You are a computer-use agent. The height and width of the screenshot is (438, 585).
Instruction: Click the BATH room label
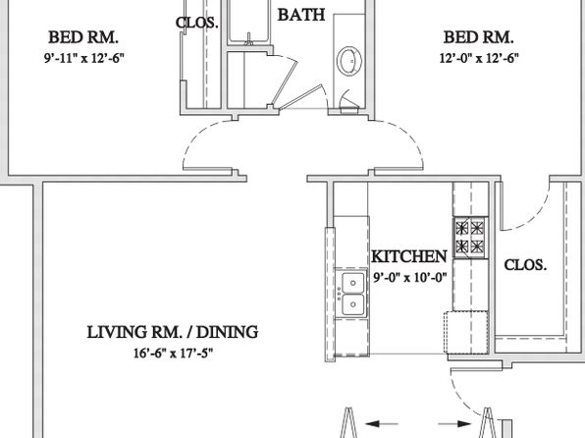pos(301,15)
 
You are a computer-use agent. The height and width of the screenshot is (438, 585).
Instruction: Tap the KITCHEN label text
pos(409,256)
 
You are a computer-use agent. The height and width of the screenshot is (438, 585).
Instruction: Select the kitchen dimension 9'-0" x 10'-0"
pos(410,278)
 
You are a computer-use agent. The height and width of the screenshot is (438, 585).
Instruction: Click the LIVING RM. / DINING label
pos(173,332)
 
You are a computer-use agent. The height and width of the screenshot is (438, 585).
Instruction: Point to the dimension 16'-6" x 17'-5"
pos(173,353)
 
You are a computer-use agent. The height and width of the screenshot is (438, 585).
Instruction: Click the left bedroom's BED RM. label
pos(83,37)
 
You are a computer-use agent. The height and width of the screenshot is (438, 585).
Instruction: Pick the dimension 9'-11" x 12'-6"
pos(84,58)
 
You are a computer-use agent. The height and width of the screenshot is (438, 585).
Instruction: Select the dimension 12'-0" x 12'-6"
pos(479,58)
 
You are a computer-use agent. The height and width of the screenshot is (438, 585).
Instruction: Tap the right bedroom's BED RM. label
pos(478,37)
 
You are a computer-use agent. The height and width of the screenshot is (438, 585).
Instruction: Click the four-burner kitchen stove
pos(470,238)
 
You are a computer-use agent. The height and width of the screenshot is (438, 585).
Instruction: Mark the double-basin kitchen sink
pos(352,293)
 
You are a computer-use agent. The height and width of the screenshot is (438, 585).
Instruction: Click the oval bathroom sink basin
pos(349,60)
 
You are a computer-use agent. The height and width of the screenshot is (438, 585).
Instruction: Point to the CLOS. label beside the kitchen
pos(525,265)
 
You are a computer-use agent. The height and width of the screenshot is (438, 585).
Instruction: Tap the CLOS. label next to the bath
pos(196,23)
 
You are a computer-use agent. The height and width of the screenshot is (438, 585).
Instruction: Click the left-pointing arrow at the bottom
pos(382,424)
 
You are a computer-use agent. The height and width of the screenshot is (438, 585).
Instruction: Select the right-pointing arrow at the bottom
pos(454,424)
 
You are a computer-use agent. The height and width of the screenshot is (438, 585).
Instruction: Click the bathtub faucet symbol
pos(249,39)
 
